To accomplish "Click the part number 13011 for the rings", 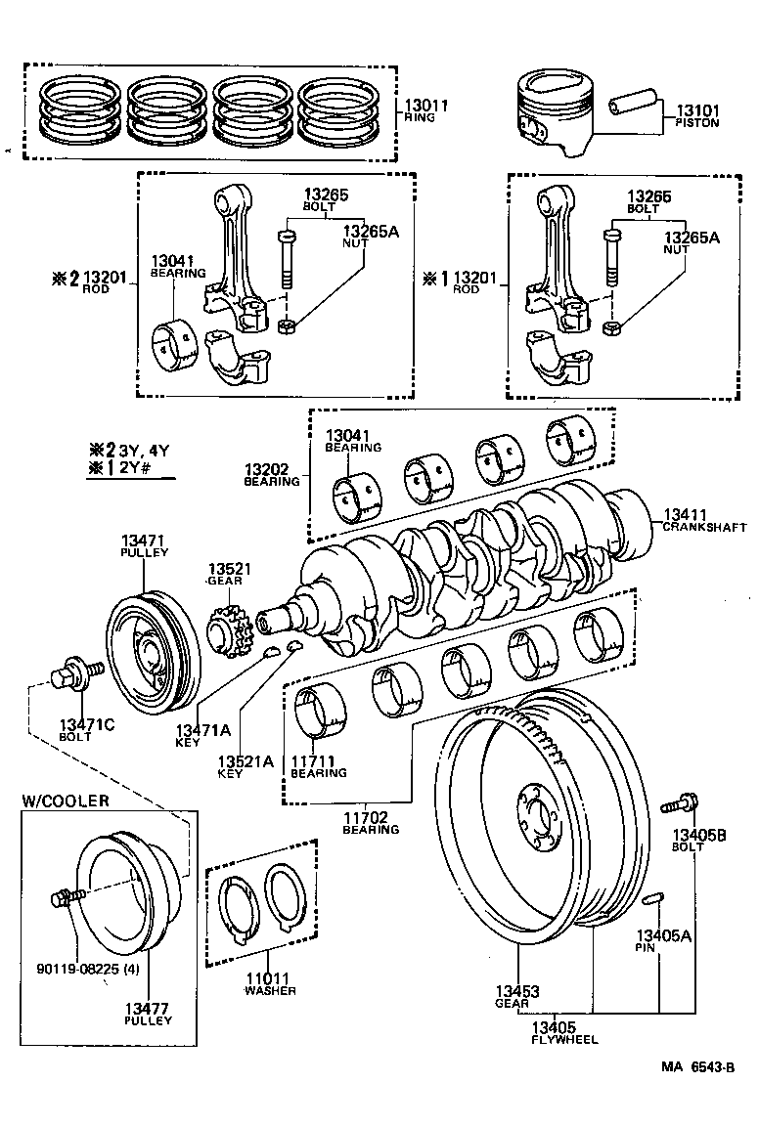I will click(x=427, y=105).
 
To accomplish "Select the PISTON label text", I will click(x=696, y=124).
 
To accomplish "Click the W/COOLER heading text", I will click(x=66, y=801).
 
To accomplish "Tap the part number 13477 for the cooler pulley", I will click(x=148, y=1008).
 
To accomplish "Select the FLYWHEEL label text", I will click(x=564, y=1039).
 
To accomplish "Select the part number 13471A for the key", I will click(x=202, y=729).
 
